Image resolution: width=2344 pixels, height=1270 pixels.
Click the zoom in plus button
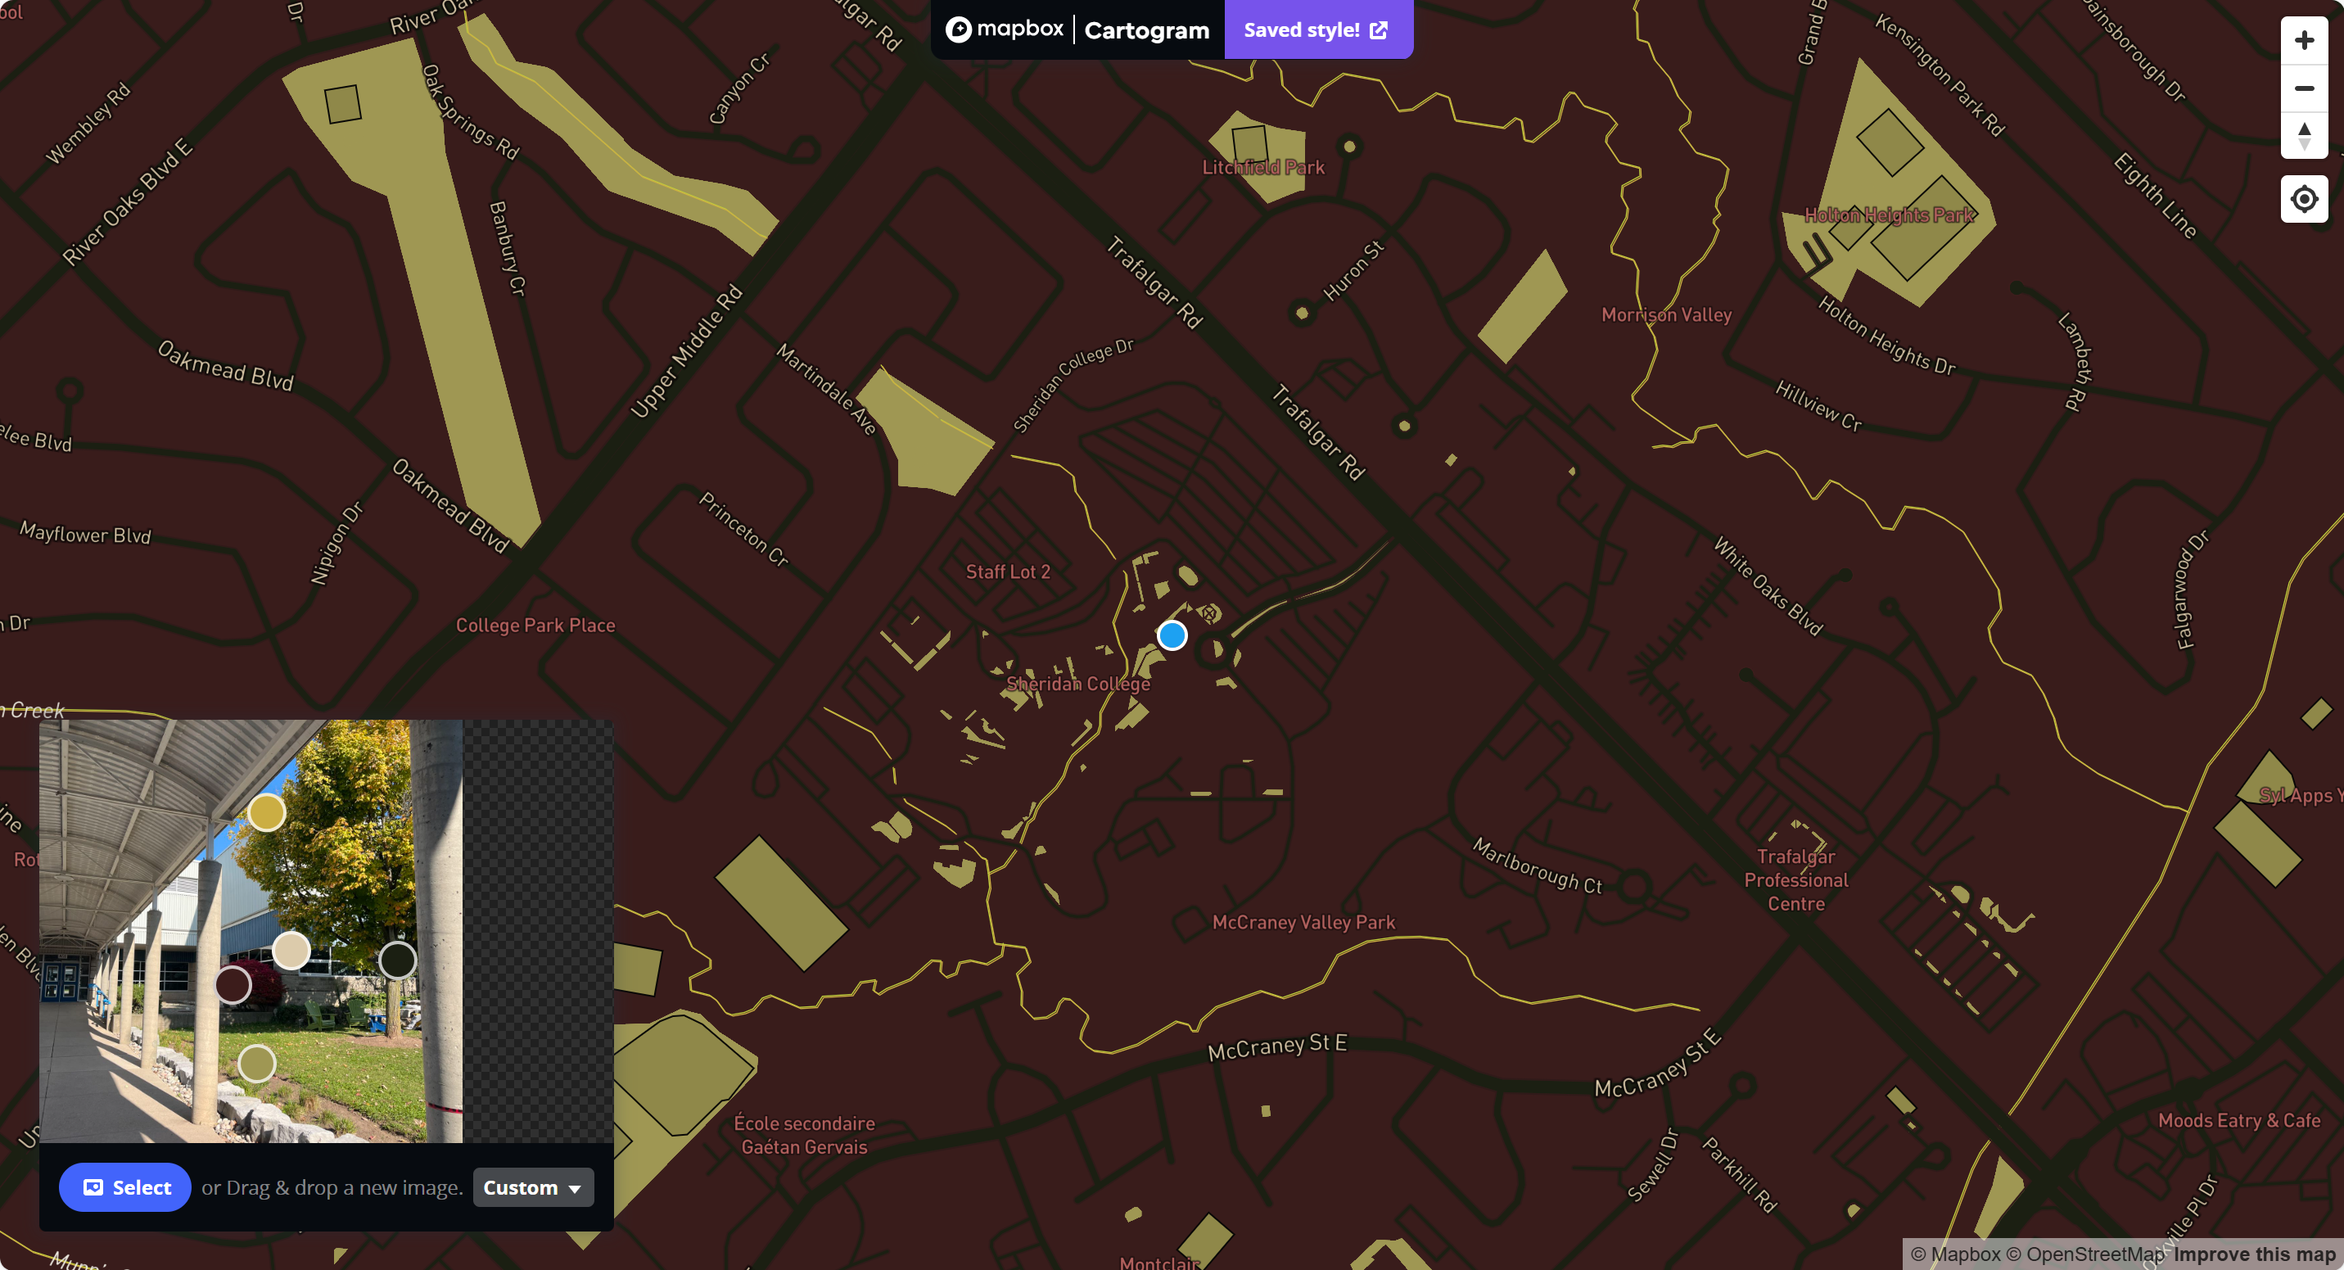[x=2303, y=41]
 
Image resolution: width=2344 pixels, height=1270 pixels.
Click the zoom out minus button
[x=2303, y=88]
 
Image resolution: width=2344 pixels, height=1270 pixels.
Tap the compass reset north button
[x=2303, y=136]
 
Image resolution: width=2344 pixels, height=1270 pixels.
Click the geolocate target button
[x=2303, y=198]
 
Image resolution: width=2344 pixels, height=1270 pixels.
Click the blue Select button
[x=124, y=1187]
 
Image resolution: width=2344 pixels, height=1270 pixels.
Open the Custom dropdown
[x=532, y=1187]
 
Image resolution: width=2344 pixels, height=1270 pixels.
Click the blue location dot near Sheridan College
[x=1172, y=635]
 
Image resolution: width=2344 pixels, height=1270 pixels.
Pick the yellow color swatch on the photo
[x=267, y=812]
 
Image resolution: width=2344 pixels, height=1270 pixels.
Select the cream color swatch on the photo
[x=291, y=951]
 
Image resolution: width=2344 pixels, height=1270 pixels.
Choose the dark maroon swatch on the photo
[x=233, y=985]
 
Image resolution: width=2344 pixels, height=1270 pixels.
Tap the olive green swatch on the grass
[x=256, y=1063]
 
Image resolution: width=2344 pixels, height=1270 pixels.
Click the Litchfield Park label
[x=1263, y=167]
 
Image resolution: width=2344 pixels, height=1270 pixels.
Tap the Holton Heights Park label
[x=1889, y=215]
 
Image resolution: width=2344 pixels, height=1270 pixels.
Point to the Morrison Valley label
[x=1666, y=314]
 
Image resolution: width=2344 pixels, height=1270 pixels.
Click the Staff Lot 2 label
[x=1007, y=572]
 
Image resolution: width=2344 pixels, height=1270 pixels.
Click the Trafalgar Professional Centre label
[x=1795, y=879]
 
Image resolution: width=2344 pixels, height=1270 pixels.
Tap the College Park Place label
[x=535, y=626]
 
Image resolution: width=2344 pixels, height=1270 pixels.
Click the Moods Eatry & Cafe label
[x=2238, y=1121]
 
